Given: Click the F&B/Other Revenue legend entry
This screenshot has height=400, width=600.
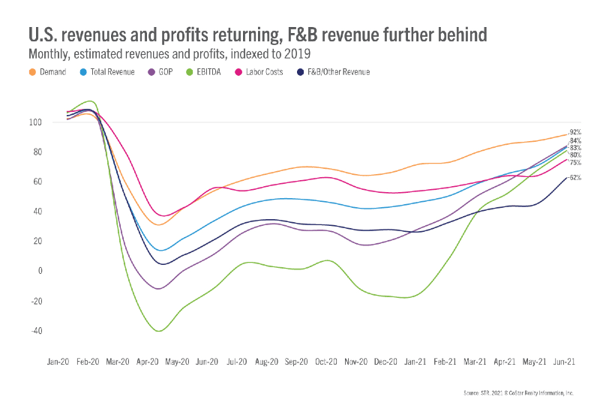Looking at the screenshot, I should click(x=334, y=72).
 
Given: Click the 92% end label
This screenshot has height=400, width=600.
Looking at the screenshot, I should click(x=575, y=131).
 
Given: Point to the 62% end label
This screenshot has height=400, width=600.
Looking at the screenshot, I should click(x=575, y=178).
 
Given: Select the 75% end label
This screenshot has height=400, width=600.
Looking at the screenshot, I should click(x=575, y=163).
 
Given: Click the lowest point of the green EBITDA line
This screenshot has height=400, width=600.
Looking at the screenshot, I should click(x=158, y=331).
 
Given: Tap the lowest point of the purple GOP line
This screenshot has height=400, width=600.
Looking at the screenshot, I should click(x=157, y=289).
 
